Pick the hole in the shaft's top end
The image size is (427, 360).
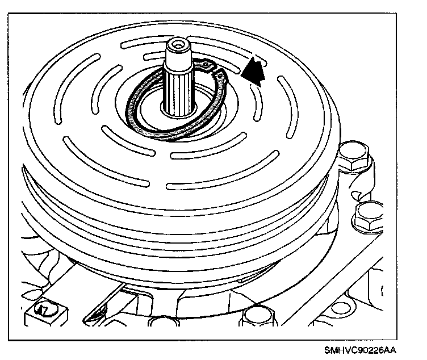click(179, 44)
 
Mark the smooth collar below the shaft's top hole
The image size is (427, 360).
click(179, 56)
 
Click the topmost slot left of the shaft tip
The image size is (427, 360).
click(136, 45)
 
